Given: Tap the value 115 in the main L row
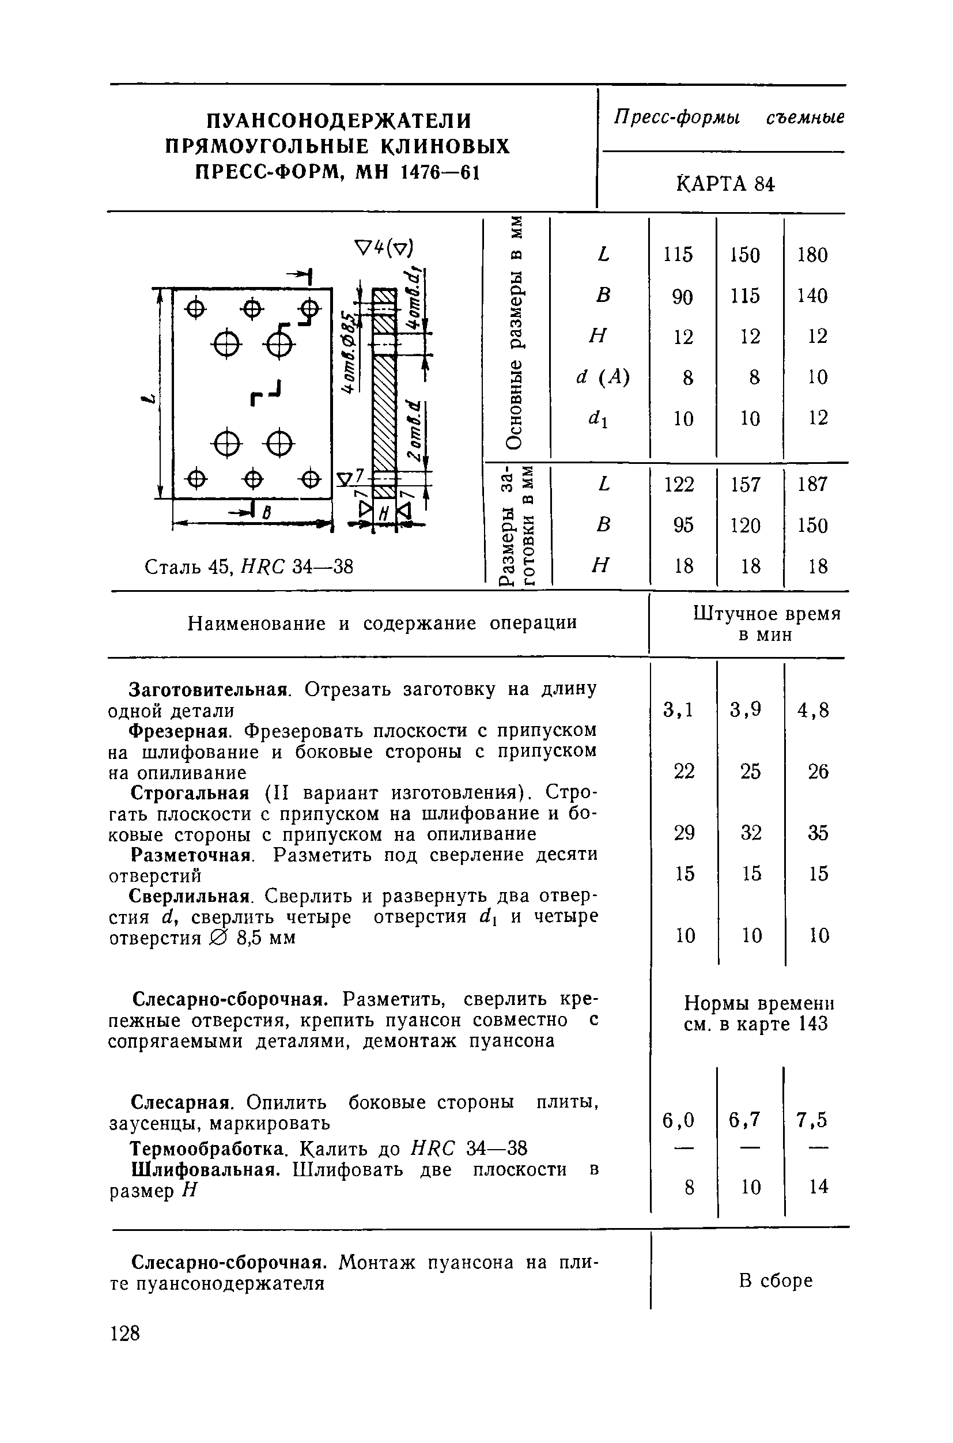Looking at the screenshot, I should (678, 255).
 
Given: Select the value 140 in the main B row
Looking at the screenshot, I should (812, 296).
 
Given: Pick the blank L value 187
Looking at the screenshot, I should (812, 485).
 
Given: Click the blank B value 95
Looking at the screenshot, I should (683, 525).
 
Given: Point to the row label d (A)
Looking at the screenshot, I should (602, 377).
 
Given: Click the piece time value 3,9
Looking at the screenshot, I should (746, 709).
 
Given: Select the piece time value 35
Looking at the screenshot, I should (818, 833).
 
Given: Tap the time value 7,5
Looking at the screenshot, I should (812, 1120).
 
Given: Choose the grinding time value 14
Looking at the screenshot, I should (819, 1186).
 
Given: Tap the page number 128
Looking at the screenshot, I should (124, 1334).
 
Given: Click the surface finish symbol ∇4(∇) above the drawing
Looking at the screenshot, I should (384, 247).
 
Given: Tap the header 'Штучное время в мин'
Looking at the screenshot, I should (766, 624).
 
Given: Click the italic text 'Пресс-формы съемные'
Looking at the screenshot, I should (729, 117).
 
